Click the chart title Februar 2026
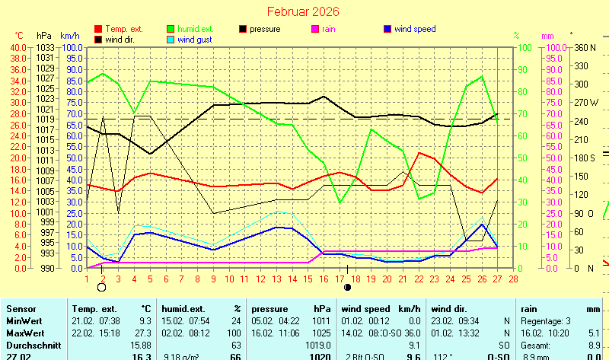(303, 12)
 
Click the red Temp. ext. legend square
(98, 29)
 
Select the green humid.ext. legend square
(171, 29)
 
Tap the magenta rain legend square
(317, 29)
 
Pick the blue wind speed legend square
(388, 29)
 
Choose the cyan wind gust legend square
(171, 40)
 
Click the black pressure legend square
(244, 29)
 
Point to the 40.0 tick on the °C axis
(18, 47)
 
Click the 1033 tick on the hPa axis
(45, 47)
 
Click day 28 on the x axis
(514, 278)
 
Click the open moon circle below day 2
(102, 288)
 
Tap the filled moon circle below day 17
(348, 288)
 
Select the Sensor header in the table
(21, 309)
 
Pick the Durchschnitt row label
(32, 345)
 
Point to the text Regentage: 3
(548, 321)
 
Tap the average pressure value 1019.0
(315, 345)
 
